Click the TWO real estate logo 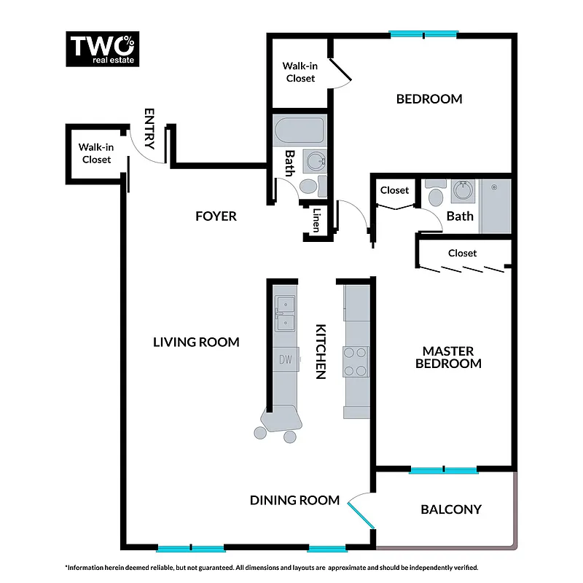coord(102,49)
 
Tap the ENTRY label coord(150,129)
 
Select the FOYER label coord(216,216)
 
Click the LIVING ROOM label coord(196,342)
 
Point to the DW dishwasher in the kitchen coord(285,359)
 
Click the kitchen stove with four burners coord(356,361)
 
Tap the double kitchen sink coord(285,313)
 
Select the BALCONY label coord(451,509)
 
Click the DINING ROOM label coord(294,500)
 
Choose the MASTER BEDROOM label coord(448,357)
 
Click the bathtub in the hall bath coord(300,131)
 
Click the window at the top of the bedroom coord(423,34)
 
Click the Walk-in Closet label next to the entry coord(96,154)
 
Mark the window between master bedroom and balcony coord(444,471)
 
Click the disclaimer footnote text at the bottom coord(272,567)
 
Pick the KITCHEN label coord(319,351)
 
